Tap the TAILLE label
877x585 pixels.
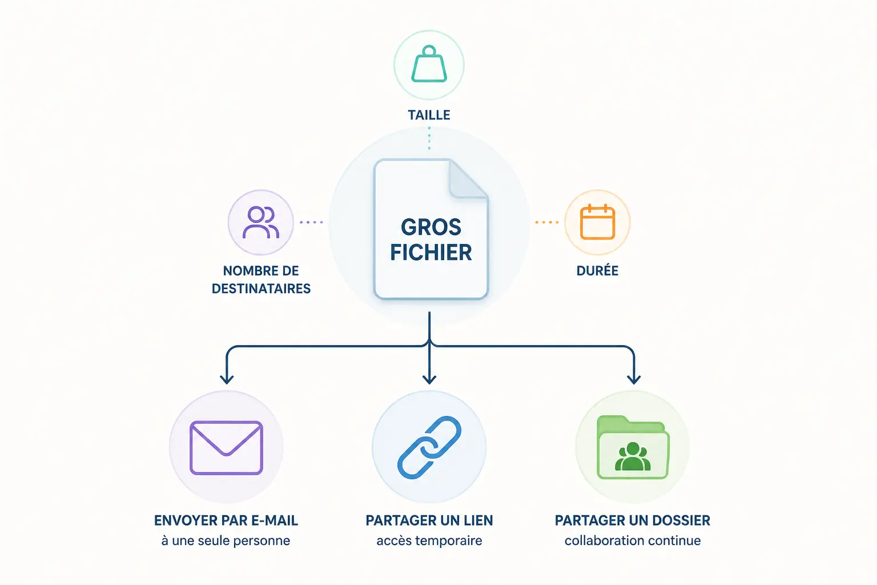tap(429, 115)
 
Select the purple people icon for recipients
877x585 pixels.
tap(261, 222)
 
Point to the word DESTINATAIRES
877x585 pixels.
tap(261, 289)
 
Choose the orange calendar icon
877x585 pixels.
tap(597, 222)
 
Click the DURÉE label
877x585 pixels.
tap(597, 271)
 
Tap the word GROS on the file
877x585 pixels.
tap(431, 227)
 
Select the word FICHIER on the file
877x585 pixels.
tap(431, 253)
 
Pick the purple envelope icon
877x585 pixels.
tap(226, 448)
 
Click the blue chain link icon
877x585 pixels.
tap(429, 447)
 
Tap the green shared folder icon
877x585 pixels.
tap(633, 447)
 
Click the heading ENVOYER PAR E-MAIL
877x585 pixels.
tap(226, 521)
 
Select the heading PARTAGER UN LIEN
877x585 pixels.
tap(429, 521)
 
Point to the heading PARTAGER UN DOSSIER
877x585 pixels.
tap(633, 521)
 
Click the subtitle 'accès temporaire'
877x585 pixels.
tap(429, 540)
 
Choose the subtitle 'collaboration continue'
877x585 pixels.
tap(633, 540)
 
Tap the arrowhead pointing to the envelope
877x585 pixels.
tap(227, 379)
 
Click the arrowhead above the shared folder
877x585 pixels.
tap(634, 379)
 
